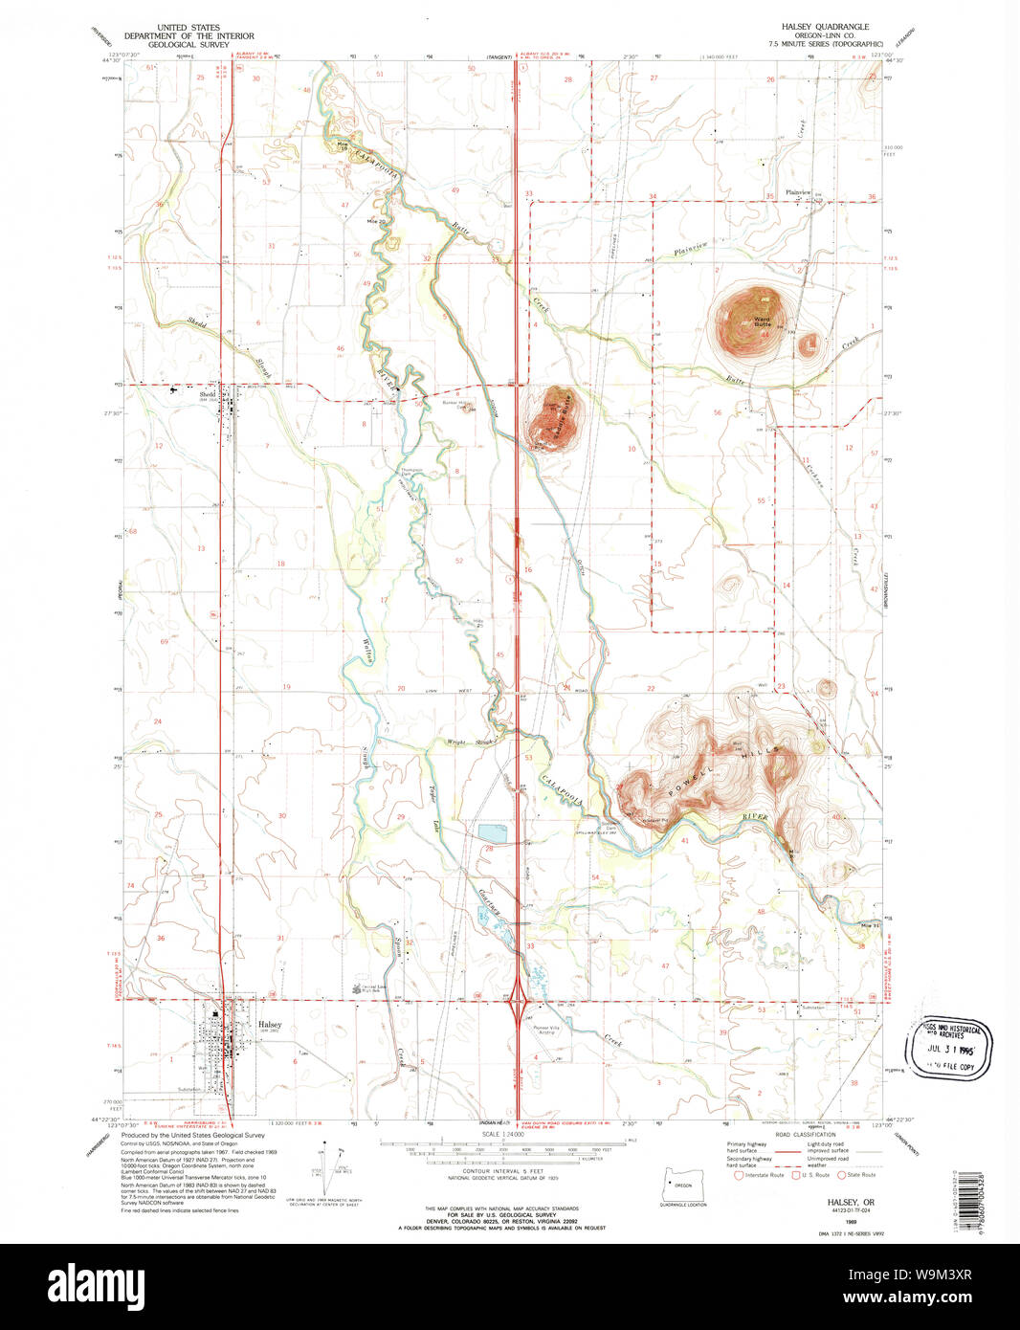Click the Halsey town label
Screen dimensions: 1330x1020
[x=269, y=1024]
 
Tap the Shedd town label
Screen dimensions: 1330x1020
[x=207, y=393]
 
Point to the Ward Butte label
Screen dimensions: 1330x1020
[x=762, y=321]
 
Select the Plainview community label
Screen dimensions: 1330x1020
[x=798, y=192]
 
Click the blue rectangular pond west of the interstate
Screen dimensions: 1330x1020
[x=494, y=833]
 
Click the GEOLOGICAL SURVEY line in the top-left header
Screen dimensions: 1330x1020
[x=188, y=45]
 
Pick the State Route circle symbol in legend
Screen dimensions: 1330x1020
[x=842, y=1175]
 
